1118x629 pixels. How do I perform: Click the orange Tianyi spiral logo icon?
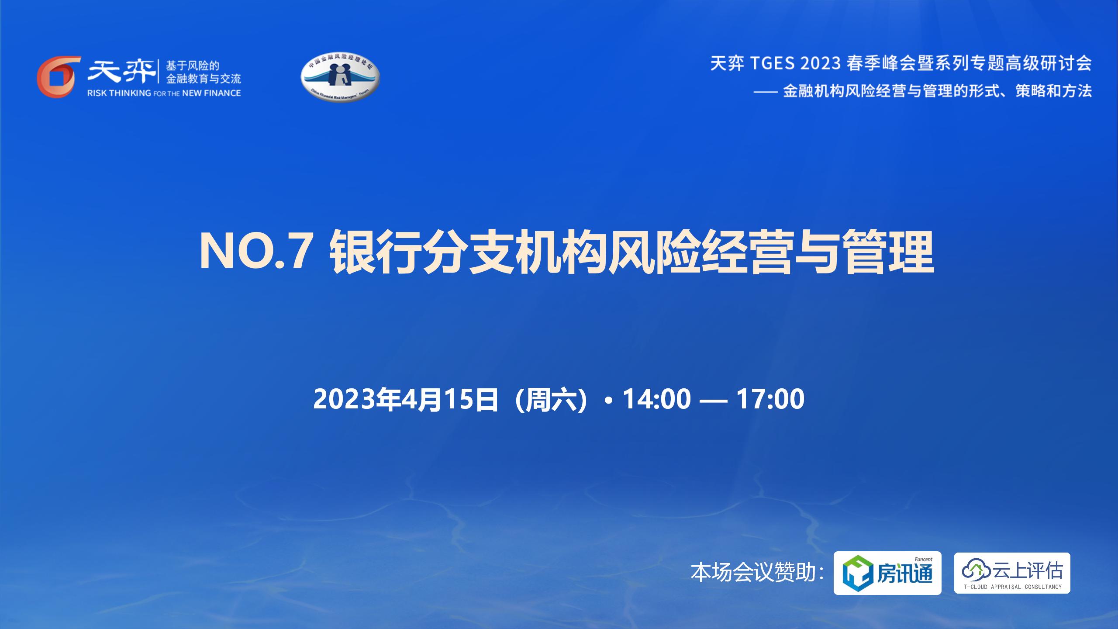[59, 76]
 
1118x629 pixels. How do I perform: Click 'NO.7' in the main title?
[255, 253]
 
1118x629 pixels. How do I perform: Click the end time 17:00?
[770, 399]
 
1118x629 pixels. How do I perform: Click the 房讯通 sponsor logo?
[887, 573]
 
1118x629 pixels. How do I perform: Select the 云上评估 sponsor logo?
[1012, 573]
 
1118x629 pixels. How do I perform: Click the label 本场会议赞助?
[753, 573]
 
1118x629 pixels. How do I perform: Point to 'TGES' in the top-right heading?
[773, 64]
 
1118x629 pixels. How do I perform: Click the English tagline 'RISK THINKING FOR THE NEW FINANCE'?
[164, 93]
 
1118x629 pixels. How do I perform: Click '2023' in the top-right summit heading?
[821, 64]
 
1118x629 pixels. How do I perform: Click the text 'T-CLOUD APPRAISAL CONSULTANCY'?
[1012, 587]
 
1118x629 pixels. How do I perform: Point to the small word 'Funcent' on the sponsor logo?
[920, 559]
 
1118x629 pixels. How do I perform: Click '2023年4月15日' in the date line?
[406, 399]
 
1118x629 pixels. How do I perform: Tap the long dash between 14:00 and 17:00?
[714, 399]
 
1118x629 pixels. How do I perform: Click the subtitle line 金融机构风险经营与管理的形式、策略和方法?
[937, 91]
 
